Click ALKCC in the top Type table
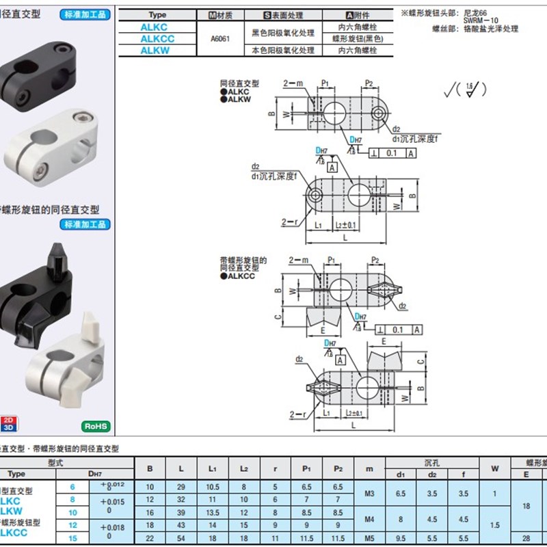(x=157, y=39)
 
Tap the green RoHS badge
(x=96, y=427)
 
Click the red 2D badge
(x=8, y=420)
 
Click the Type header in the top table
(x=157, y=14)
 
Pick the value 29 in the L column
(x=181, y=487)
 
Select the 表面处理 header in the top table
(x=292, y=14)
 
